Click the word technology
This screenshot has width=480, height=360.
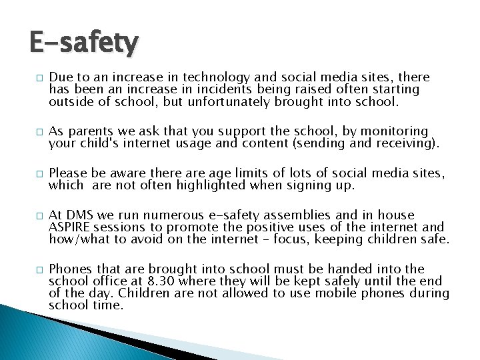click(207, 77)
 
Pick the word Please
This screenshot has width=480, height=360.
click(70, 173)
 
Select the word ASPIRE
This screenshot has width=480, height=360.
click(70, 227)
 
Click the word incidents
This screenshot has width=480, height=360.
click(233, 89)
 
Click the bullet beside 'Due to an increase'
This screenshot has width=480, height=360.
click(33, 78)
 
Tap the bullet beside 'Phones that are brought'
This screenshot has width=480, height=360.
click(33, 270)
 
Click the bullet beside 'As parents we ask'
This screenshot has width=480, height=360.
click(33, 132)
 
